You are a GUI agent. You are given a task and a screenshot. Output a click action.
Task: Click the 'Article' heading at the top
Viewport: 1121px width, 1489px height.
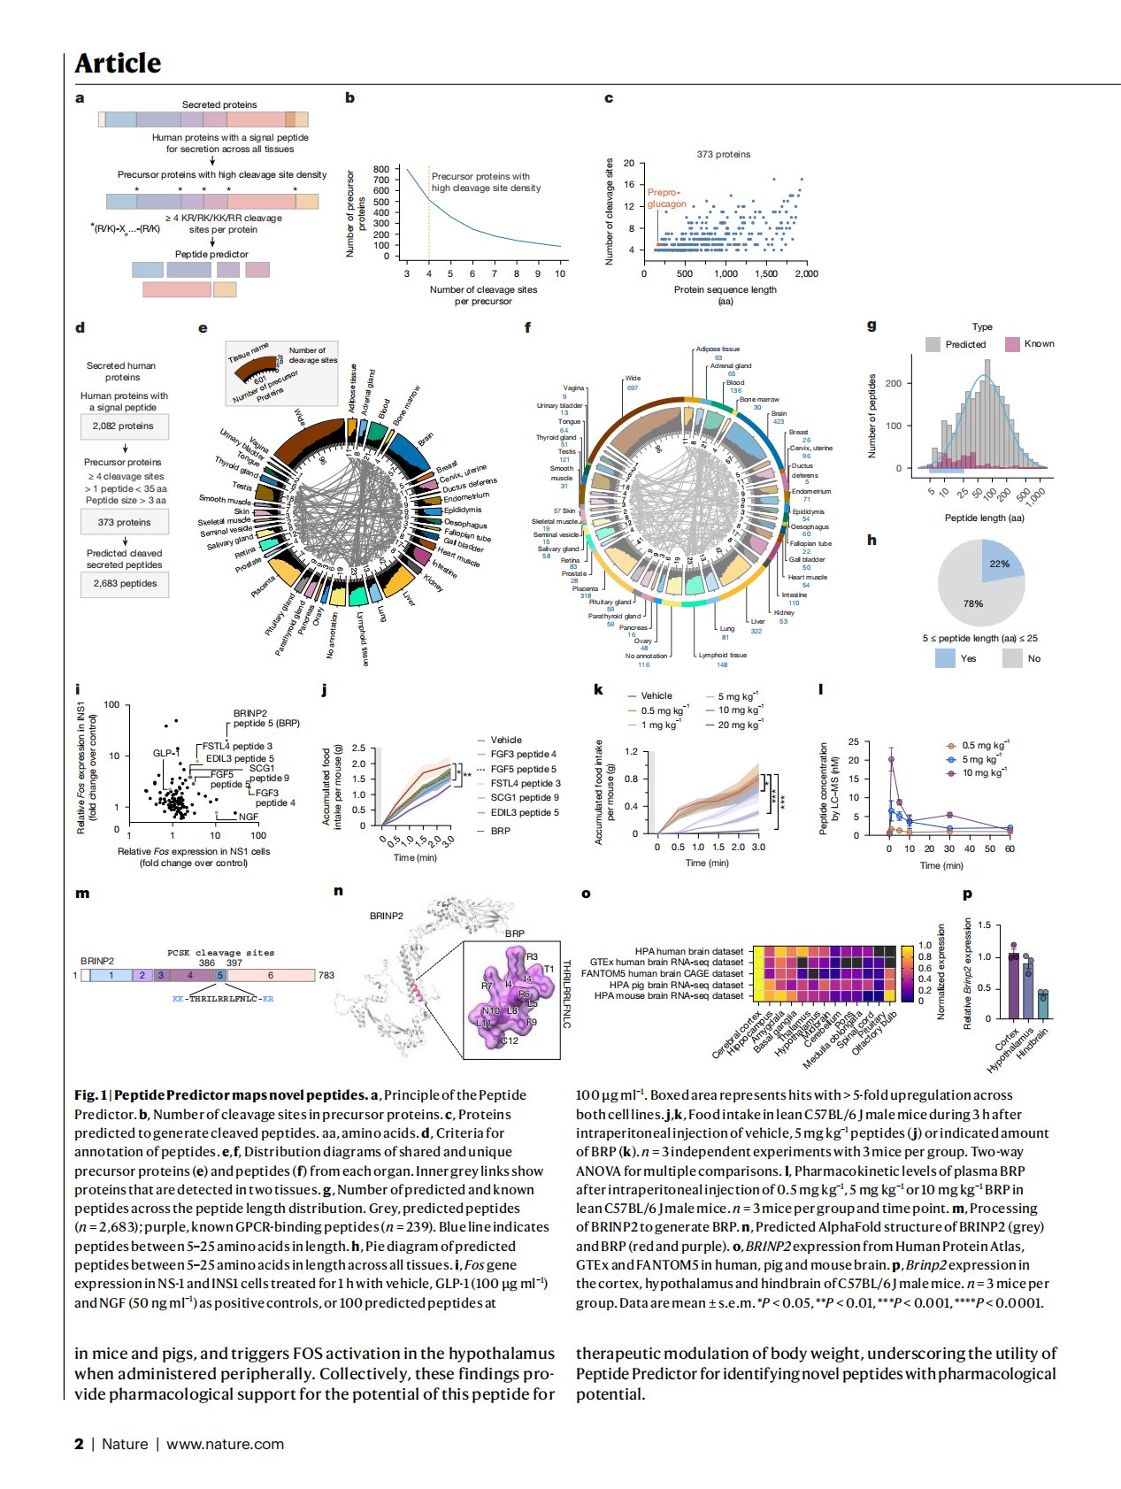click(x=118, y=64)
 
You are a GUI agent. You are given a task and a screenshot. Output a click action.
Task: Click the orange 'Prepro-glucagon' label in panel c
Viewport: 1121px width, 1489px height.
click(x=666, y=198)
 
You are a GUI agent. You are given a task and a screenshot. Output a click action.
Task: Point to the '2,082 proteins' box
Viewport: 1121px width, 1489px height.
click(x=124, y=426)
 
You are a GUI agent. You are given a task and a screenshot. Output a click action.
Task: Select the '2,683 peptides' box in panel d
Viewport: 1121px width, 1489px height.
click(x=125, y=584)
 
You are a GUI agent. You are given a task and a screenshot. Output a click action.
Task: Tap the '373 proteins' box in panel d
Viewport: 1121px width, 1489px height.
click(x=124, y=523)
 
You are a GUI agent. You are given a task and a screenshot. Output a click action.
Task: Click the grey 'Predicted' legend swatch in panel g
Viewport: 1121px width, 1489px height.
click(x=933, y=344)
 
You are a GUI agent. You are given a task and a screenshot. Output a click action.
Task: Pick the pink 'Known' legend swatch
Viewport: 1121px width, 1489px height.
click(x=1012, y=344)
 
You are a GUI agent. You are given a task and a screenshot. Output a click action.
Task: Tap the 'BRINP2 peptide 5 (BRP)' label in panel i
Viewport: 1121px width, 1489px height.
click(x=265, y=718)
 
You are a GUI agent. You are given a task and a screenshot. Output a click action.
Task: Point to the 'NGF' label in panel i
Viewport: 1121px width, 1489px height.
click(x=249, y=817)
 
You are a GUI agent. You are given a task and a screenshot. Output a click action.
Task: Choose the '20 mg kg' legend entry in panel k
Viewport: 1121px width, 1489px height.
click(x=739, y=725)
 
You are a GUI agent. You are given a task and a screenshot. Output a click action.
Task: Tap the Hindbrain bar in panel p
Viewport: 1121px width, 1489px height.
click(x=1042, y=1005)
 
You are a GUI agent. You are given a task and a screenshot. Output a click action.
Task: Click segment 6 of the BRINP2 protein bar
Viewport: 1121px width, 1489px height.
click(x=271, y=975)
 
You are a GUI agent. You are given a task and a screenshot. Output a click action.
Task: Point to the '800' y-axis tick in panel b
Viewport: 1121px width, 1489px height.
click(x=381, y=169)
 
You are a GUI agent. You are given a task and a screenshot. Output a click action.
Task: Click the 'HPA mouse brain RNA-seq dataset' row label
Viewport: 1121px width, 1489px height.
click(x=669, y=995)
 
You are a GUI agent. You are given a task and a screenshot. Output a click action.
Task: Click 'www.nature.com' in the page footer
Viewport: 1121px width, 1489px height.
click(x=225, y=1444)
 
